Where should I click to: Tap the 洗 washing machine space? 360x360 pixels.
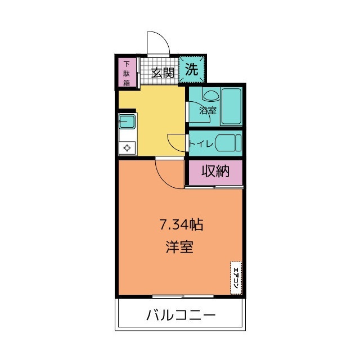(x=192, y=70)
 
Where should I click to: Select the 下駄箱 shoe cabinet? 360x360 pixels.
(x=127, y=74)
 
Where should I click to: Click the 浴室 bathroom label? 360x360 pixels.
(x=208, y=110)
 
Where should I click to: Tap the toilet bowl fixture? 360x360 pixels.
(x=227, y=143)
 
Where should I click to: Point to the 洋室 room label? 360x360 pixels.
(x=179, y=247)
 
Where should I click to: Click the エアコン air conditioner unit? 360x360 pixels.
(x=236, y=278)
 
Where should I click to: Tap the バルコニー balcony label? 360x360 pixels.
(x=181, y=314)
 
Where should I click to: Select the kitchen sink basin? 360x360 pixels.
(x=127, y=123)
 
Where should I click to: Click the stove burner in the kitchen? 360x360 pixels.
(x=127, y=148)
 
